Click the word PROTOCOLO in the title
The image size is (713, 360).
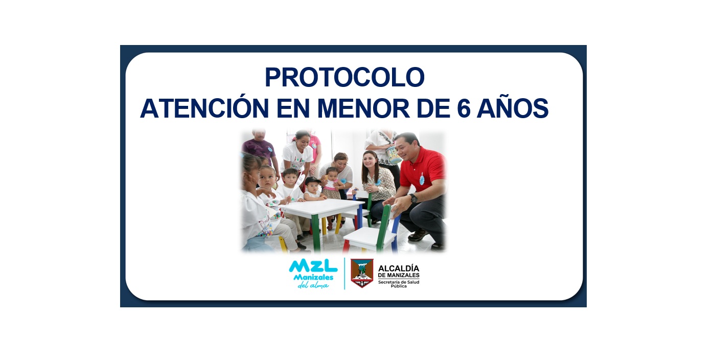click(344, 77)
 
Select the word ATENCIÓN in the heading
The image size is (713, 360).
click(204, 108)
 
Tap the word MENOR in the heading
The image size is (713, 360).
click(363, 108)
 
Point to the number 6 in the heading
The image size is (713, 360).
click(464, 108)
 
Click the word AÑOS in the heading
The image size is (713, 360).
click(513, 108)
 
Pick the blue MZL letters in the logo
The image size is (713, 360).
click(313, 266)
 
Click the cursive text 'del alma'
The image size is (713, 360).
click(313, 285)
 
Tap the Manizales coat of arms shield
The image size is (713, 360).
click(362, 273)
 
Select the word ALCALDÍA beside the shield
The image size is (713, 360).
click(399, 268)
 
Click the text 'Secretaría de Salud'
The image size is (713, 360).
click(399, 282)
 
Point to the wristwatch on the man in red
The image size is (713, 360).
click(414, 198)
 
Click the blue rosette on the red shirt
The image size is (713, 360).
click(422, 179)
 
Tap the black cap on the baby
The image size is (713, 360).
click(312, 181)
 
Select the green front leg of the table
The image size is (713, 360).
click(315, 233)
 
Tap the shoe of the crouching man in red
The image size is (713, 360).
click(419, 235)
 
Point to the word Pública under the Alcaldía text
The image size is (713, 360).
click(399, 286)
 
